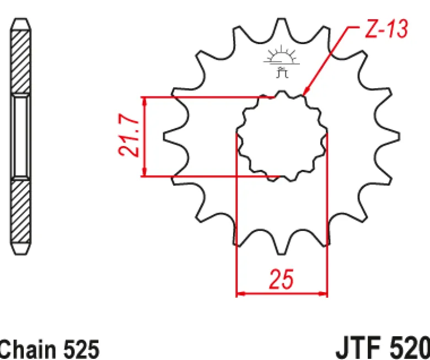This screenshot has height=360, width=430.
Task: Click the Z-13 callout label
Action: point(386,29)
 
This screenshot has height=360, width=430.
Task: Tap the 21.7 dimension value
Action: point(129,136)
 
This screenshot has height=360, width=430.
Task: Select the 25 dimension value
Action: point(282,280)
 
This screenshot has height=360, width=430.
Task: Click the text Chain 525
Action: point(50,350)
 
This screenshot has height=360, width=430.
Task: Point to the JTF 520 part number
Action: point(383,349)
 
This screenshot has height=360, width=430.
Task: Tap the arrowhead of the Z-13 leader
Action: point(306,92)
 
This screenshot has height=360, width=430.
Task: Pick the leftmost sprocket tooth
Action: point(173,136)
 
